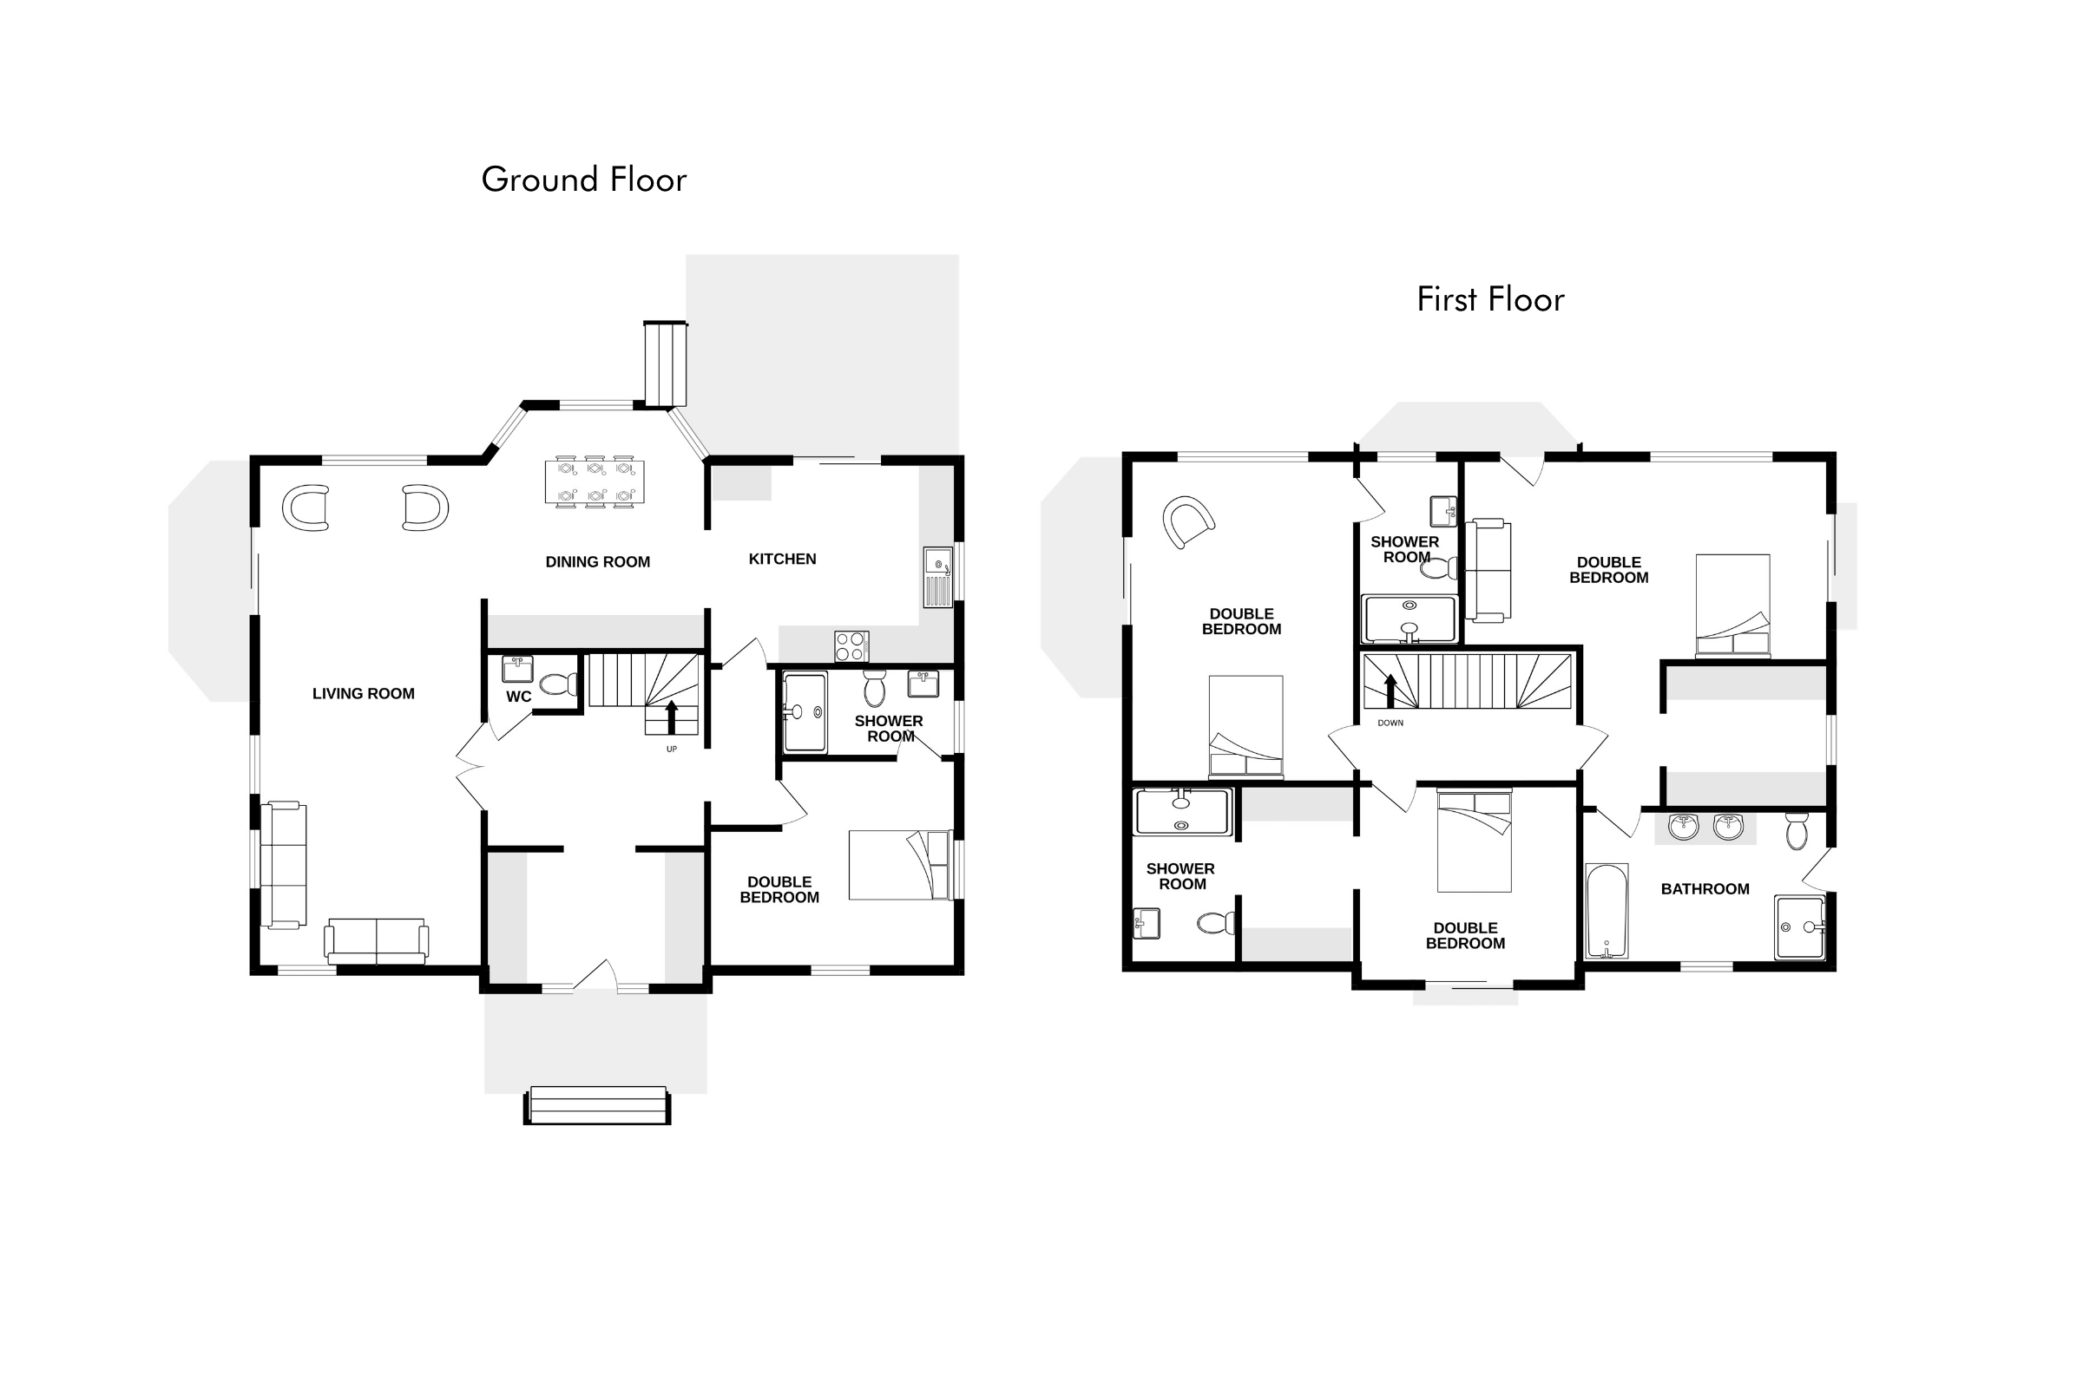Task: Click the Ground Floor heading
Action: [583, 180]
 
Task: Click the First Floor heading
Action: [1490, 299]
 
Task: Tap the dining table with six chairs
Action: [595, 481]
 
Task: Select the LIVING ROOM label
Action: [363, 694]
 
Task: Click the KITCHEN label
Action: [782, 560]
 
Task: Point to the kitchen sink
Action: [938, 577]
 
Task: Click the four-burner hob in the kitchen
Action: [851, 646]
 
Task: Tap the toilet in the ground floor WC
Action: [559, 684]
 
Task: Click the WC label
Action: [519, 697]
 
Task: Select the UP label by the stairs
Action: [671, 749]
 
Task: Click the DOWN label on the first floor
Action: [1390, 723]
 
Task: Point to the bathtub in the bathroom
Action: [1607, 911]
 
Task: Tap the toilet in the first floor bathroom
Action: [1797, 830]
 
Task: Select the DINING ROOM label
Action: [598, 562]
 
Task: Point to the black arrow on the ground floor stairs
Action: [671, 717]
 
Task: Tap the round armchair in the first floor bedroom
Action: [1187, 521]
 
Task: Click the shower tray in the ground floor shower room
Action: [805, 712]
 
